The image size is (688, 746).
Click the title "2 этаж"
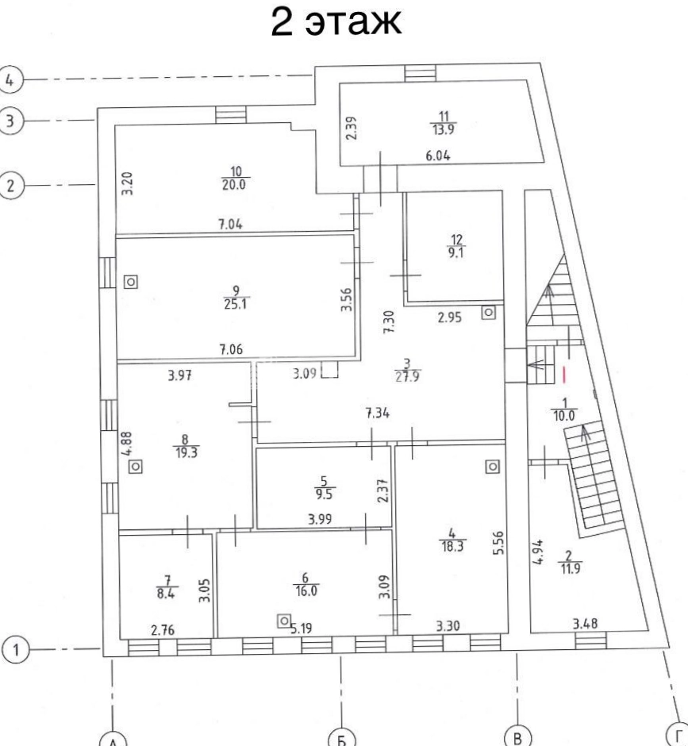pos(336,21)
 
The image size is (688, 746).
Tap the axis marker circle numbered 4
pos(10,79)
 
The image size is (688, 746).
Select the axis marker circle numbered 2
pos(10,185)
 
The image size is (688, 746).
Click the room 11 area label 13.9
pos(443,129)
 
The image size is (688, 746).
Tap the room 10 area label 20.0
pos(233,184)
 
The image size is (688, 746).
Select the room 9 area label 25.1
pos(236,303)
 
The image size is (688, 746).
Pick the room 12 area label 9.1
pos(455,252)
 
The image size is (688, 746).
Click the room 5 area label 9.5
pos(324,494)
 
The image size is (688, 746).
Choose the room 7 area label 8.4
pos(166,593)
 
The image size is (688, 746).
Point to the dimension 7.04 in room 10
pos(230,224)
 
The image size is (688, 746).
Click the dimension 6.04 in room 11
pos(438,156)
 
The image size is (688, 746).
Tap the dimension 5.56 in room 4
pos(498,543)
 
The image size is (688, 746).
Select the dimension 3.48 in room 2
pos(585,623)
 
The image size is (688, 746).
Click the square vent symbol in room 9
pos(131,282)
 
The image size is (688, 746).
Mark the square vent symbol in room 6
pos(284,621)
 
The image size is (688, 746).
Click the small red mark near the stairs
pos(564,375)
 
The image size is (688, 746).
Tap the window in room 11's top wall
pos(420,73)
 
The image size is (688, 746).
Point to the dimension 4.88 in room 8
pos(127,444)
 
